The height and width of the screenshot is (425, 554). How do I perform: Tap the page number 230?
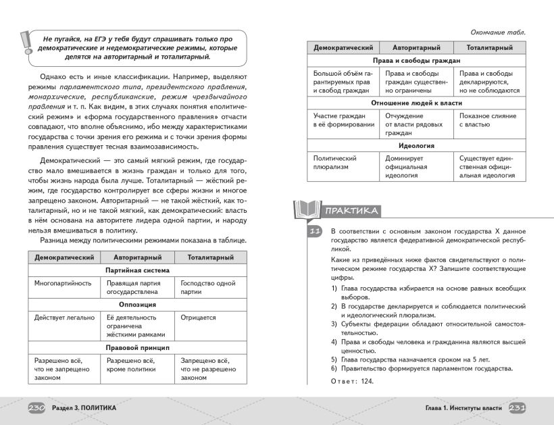(x=36, y=408)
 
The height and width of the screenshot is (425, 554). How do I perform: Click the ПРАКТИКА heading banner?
(x=351, y=211)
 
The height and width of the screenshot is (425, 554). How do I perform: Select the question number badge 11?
(x=313, y=232)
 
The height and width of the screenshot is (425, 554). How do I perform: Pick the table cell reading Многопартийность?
(x=63, y=283)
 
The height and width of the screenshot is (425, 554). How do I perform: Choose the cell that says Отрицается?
(x=198, y=317)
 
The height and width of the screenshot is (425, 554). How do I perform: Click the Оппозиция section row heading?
(x=137, y=304)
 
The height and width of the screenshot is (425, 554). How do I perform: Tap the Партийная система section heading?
(x=137, y=270)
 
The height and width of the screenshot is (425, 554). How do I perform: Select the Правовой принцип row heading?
(x=137, y=347)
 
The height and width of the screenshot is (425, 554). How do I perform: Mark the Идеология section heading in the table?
(x=415, y=145)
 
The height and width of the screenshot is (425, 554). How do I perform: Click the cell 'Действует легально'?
(x=64, y=317)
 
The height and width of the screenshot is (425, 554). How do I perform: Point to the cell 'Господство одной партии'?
(x=207, y=287)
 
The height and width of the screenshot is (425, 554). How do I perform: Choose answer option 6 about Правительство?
(x=422, y=368)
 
